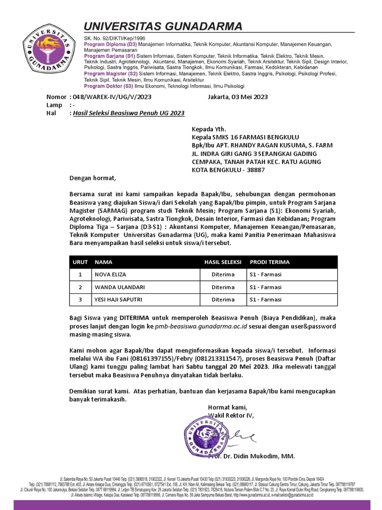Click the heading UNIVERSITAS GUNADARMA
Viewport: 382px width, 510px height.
point(163,26)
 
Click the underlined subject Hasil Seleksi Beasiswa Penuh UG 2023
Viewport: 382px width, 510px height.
point(128,113)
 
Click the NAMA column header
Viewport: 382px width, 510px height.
point(103,262)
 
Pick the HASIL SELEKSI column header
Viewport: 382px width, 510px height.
point(223,262)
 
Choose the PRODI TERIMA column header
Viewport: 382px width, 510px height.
point(270,262)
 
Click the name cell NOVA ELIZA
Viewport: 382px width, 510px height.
point(111,274)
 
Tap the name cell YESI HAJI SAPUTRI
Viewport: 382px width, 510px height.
point(119,299)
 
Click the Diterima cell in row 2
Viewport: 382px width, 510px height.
point(223,287)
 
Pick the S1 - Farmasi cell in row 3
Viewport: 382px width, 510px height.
point(266,299)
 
